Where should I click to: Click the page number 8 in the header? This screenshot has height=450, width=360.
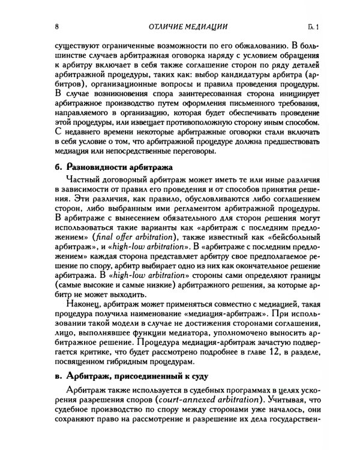click(x=56, y=26)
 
